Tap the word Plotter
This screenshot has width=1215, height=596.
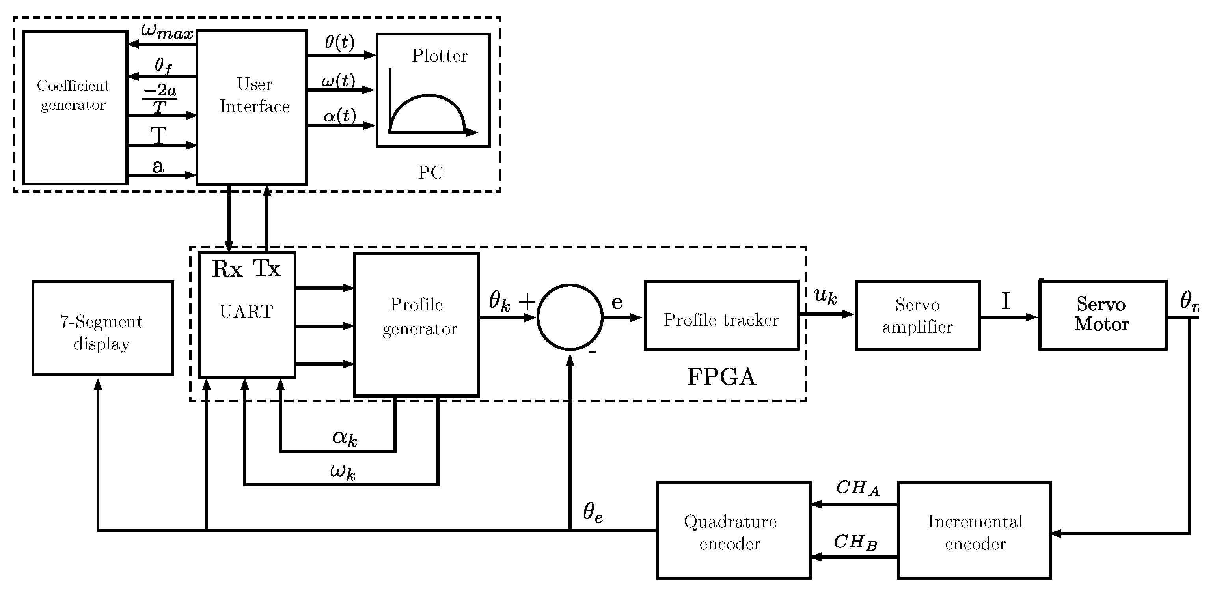440,56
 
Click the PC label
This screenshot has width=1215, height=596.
430,173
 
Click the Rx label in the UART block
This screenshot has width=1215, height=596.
227,269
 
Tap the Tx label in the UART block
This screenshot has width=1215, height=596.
267,269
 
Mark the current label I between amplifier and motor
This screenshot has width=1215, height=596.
1006,301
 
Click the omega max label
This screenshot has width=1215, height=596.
168,32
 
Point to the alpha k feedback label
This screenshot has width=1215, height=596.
345,437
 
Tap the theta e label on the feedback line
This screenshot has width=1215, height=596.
593,512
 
